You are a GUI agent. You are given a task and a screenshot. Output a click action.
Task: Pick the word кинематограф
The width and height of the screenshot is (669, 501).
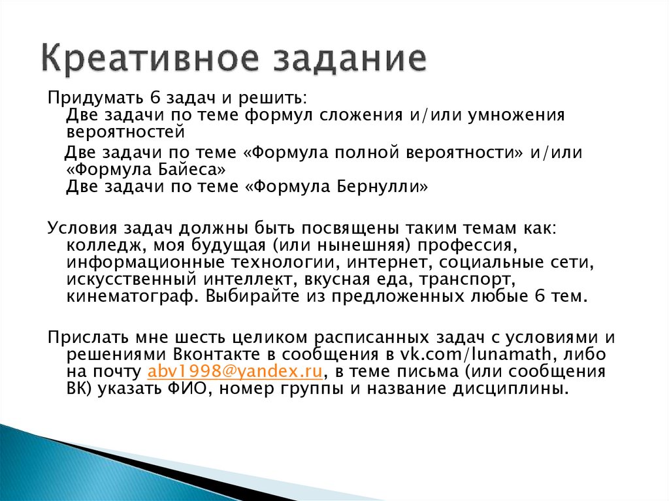[x=130, y=297]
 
